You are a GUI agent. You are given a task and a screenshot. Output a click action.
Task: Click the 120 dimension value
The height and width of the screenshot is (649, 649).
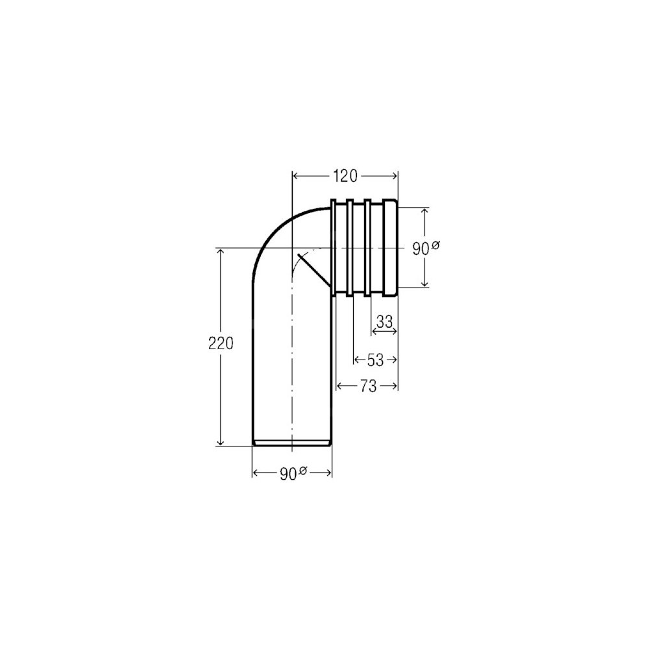[x=345, y=176]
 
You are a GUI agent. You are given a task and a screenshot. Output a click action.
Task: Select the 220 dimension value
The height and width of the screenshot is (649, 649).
[x=221, y=343]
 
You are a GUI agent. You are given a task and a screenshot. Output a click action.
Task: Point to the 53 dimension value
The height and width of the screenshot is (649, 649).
[x=375, y=360]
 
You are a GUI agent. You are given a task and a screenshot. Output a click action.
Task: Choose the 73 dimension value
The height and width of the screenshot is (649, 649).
[x=368, y=386]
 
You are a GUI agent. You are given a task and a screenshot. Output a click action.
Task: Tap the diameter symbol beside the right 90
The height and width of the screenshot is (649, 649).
[x=435, y=245]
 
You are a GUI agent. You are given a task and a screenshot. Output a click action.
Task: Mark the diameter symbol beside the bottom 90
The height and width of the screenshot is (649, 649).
[x=302, y=470]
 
